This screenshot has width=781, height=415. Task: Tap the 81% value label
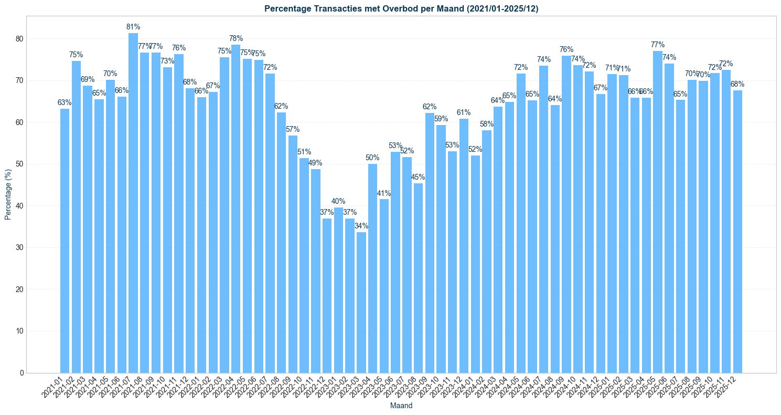pos(133,27)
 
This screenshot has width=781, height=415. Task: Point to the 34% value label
pos(361,226)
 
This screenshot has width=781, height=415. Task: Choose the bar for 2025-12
pos(737,231)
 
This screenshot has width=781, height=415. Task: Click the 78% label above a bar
pos(236,38)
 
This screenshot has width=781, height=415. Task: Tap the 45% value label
pos(418,177)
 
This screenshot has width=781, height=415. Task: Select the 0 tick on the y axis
pos(22,373)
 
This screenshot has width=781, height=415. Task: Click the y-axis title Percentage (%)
pos(8,194)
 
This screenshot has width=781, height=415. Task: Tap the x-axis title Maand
pos(401,406)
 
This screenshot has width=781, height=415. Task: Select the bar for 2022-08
pos(281,242)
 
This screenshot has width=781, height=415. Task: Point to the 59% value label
pos(441,119)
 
